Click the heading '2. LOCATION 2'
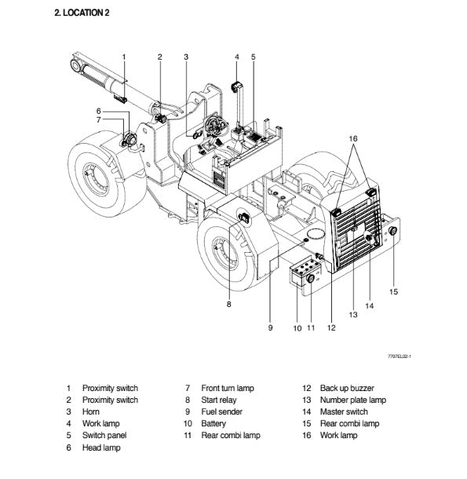pyautogui.click(x=82, y=13)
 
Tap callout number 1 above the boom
pyautogui.click(x=124, y=57)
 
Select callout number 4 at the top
pyautogui.click(x=237, y=57)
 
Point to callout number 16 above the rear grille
pyautogui.click(x=353, y=139)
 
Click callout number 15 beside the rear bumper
pyautogui.click(x=393, y=292)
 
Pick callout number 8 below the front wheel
pyautogui.click(x=228, y=304)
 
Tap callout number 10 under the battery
pyautogui.click(x=297, y=328)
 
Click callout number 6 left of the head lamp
pyautogui.click(x=98, y=111)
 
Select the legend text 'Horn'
pyautogui.click(x=91, y=411)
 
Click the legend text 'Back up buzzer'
pyautogui.click(x=347, y=388)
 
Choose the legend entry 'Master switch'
pyautogui.click(x=344, y=411)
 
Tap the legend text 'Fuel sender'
pyautogui.click(x=222, y=411)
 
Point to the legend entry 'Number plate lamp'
pyautogui.click(x=353, y=400)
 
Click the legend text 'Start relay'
pyautogui.click(x=219, y=400)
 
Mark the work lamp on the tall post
pyautogui.click(x=235, y=86)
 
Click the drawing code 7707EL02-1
pyautogui.click(x=400, y=357)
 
